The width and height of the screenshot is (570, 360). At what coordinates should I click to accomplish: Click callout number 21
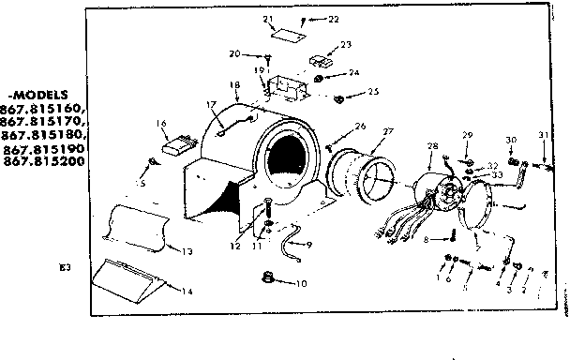tap(267, 20)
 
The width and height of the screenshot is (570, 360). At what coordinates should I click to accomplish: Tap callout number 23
tap(346, 43)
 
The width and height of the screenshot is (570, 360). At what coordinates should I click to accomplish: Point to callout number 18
tap(234, 85)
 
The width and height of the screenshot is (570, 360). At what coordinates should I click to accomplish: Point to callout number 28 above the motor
tap(431, 146)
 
